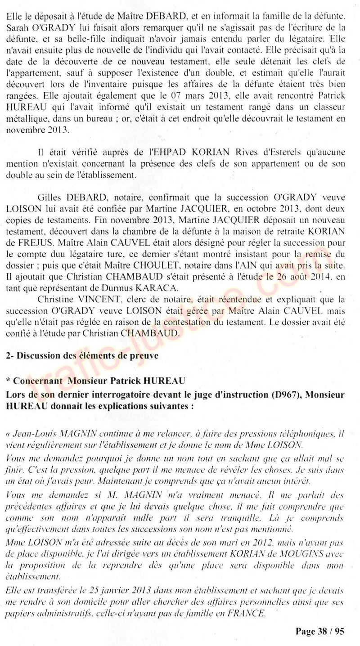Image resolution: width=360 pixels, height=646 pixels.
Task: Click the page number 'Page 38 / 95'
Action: (320, 632)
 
